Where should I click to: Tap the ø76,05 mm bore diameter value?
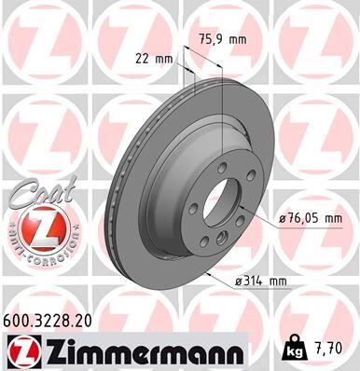(312, 218)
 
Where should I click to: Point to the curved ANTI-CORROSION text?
(35, 256)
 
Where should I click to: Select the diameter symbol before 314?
(240, 280)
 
